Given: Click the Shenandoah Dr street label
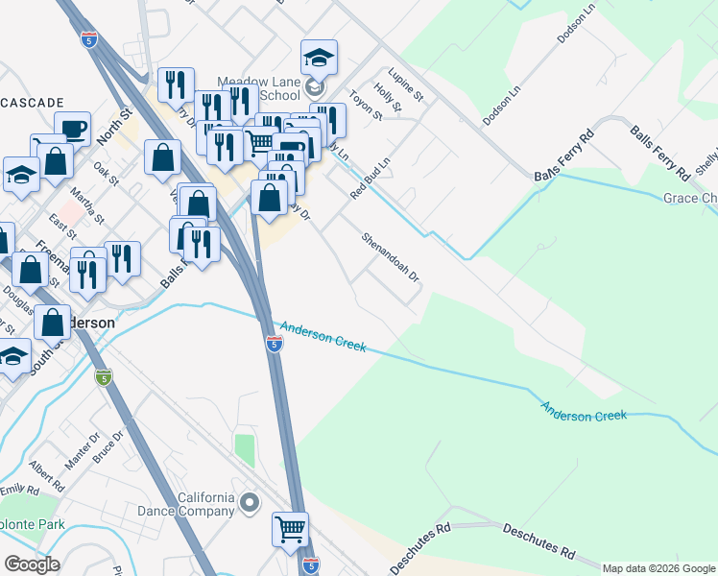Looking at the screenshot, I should pos(391,257).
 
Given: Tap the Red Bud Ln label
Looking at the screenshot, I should pos(371,178).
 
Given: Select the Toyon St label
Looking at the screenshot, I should pos(365,106).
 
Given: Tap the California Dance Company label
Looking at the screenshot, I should pos(206,504).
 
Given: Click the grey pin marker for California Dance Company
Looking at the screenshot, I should pos(251,502).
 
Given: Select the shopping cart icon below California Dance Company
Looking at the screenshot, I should pos(290,527).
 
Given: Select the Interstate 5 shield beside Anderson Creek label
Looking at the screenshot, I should pos(274,344).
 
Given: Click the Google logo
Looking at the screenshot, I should pos(32,564).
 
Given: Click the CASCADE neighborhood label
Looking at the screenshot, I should pos(32,102).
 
